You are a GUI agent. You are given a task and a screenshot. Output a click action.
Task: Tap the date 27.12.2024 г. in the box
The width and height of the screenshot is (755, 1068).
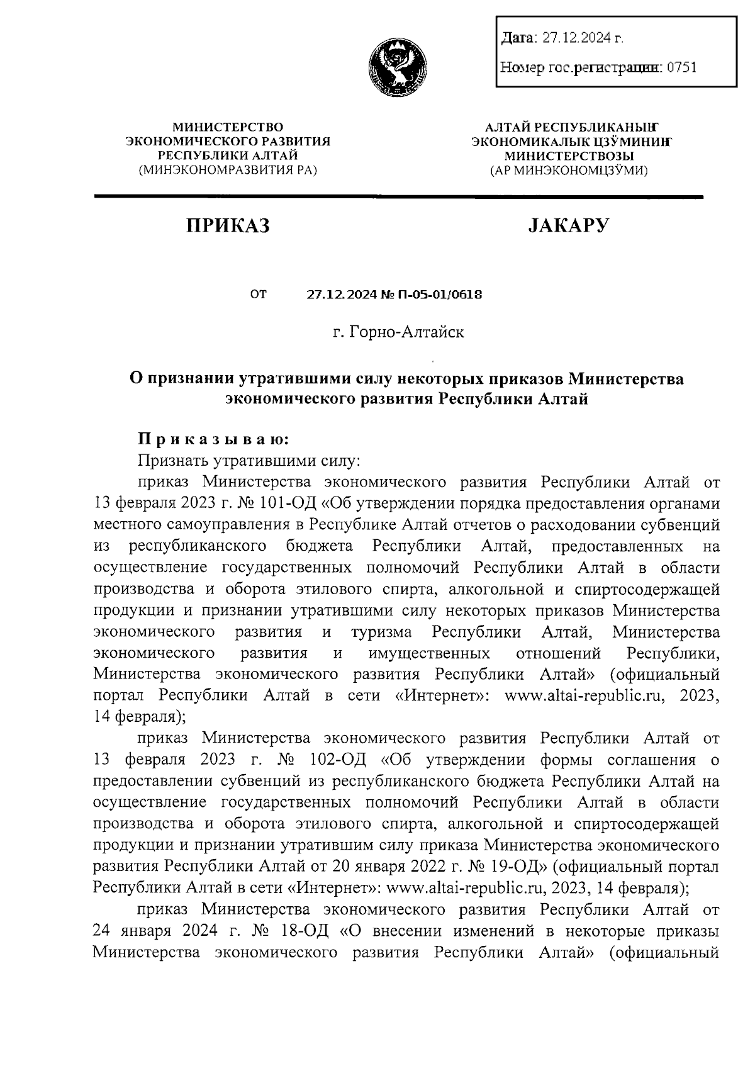click(x=583, y=38)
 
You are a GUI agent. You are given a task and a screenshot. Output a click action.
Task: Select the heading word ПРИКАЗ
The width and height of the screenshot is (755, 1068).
click(x=227, y=225)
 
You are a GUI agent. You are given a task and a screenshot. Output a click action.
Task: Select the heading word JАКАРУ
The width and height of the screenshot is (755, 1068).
click(x=569, y=225)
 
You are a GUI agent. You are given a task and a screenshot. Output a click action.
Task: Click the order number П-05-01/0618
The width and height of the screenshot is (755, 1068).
click(x=440, y=294)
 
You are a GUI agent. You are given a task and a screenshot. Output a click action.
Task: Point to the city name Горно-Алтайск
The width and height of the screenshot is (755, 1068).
click(x=406, y=332)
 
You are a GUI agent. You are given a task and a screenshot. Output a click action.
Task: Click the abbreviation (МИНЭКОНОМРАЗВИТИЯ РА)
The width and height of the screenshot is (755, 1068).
click(x=228, y=170)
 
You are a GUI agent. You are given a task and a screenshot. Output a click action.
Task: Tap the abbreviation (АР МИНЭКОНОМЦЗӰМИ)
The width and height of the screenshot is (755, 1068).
click(x=569, y=170)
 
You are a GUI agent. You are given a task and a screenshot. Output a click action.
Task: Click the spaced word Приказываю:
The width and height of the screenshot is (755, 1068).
click(x=214, y=439)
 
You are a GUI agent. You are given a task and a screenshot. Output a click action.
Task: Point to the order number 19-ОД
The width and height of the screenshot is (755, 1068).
click(x=517, y=867)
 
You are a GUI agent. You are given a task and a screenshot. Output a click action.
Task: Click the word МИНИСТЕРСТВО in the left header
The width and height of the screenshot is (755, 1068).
click(x=228, y=128)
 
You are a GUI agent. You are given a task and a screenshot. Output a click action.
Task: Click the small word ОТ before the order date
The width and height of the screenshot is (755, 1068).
click(x=258, y=294)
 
